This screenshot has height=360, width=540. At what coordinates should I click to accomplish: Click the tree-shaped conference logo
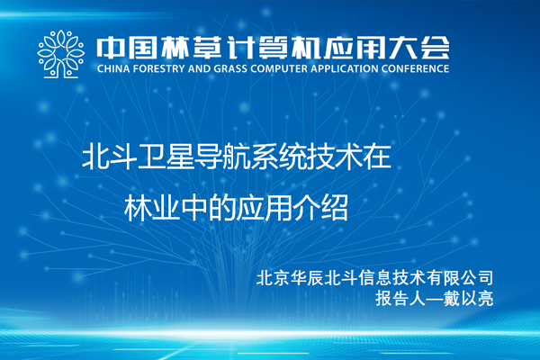tap(61, 54)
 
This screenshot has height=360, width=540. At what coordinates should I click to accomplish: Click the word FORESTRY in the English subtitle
tap(158, 68)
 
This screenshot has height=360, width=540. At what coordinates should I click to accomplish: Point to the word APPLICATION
tap(345, 68)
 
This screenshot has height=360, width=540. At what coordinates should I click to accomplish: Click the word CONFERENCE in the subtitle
tap(415, 68)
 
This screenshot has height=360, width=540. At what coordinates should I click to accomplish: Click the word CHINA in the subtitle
tap(113, 68)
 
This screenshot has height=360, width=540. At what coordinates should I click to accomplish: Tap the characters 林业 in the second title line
tap(152, 208)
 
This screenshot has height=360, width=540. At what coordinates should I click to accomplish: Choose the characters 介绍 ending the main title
tap(319, 208)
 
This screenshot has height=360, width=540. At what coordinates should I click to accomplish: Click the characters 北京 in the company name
tap(272, 278)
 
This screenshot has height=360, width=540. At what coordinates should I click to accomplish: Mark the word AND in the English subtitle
tap(199, 68)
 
